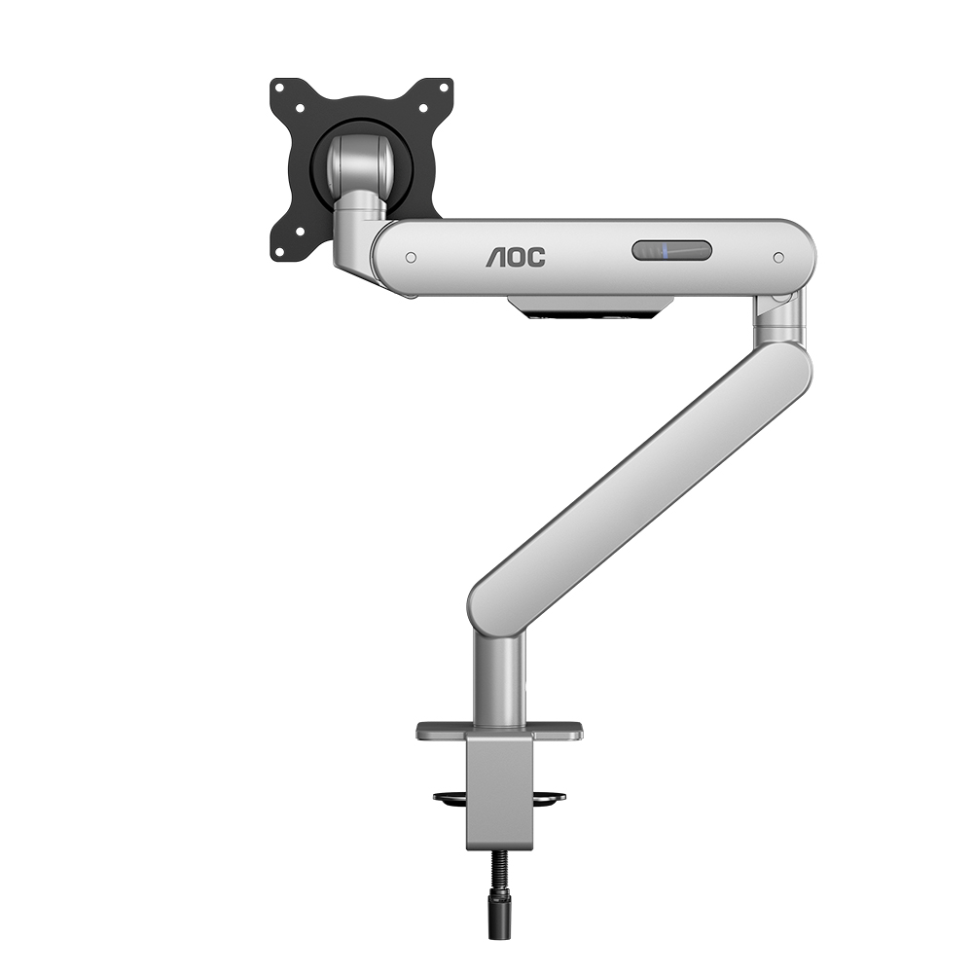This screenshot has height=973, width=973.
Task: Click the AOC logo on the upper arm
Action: click(x=516, y=258)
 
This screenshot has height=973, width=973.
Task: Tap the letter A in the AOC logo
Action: click(x=496, y=258)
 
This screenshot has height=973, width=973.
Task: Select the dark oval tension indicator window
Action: click(x=671, y=251)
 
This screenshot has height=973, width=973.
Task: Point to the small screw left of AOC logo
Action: click(x=411, y=258)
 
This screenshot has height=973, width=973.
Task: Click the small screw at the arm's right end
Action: click(x=778, y=258)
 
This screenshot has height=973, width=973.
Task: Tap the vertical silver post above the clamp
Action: click(x=499, y=676)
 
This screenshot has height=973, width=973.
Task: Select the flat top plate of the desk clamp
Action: click(x=499, y=730)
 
